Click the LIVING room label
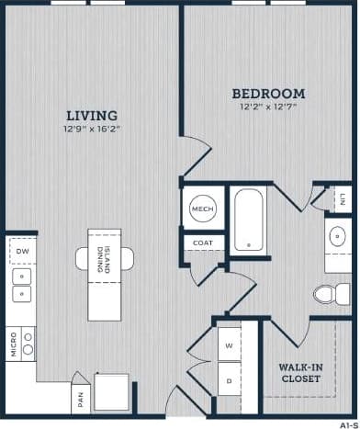91,116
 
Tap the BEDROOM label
267,94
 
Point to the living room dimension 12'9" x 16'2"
91,130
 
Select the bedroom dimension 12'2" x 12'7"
267,107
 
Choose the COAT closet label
202,243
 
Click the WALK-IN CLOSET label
299,372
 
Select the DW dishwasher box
21,249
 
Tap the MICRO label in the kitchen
13,344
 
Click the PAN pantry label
82,400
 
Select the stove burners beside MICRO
28,344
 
